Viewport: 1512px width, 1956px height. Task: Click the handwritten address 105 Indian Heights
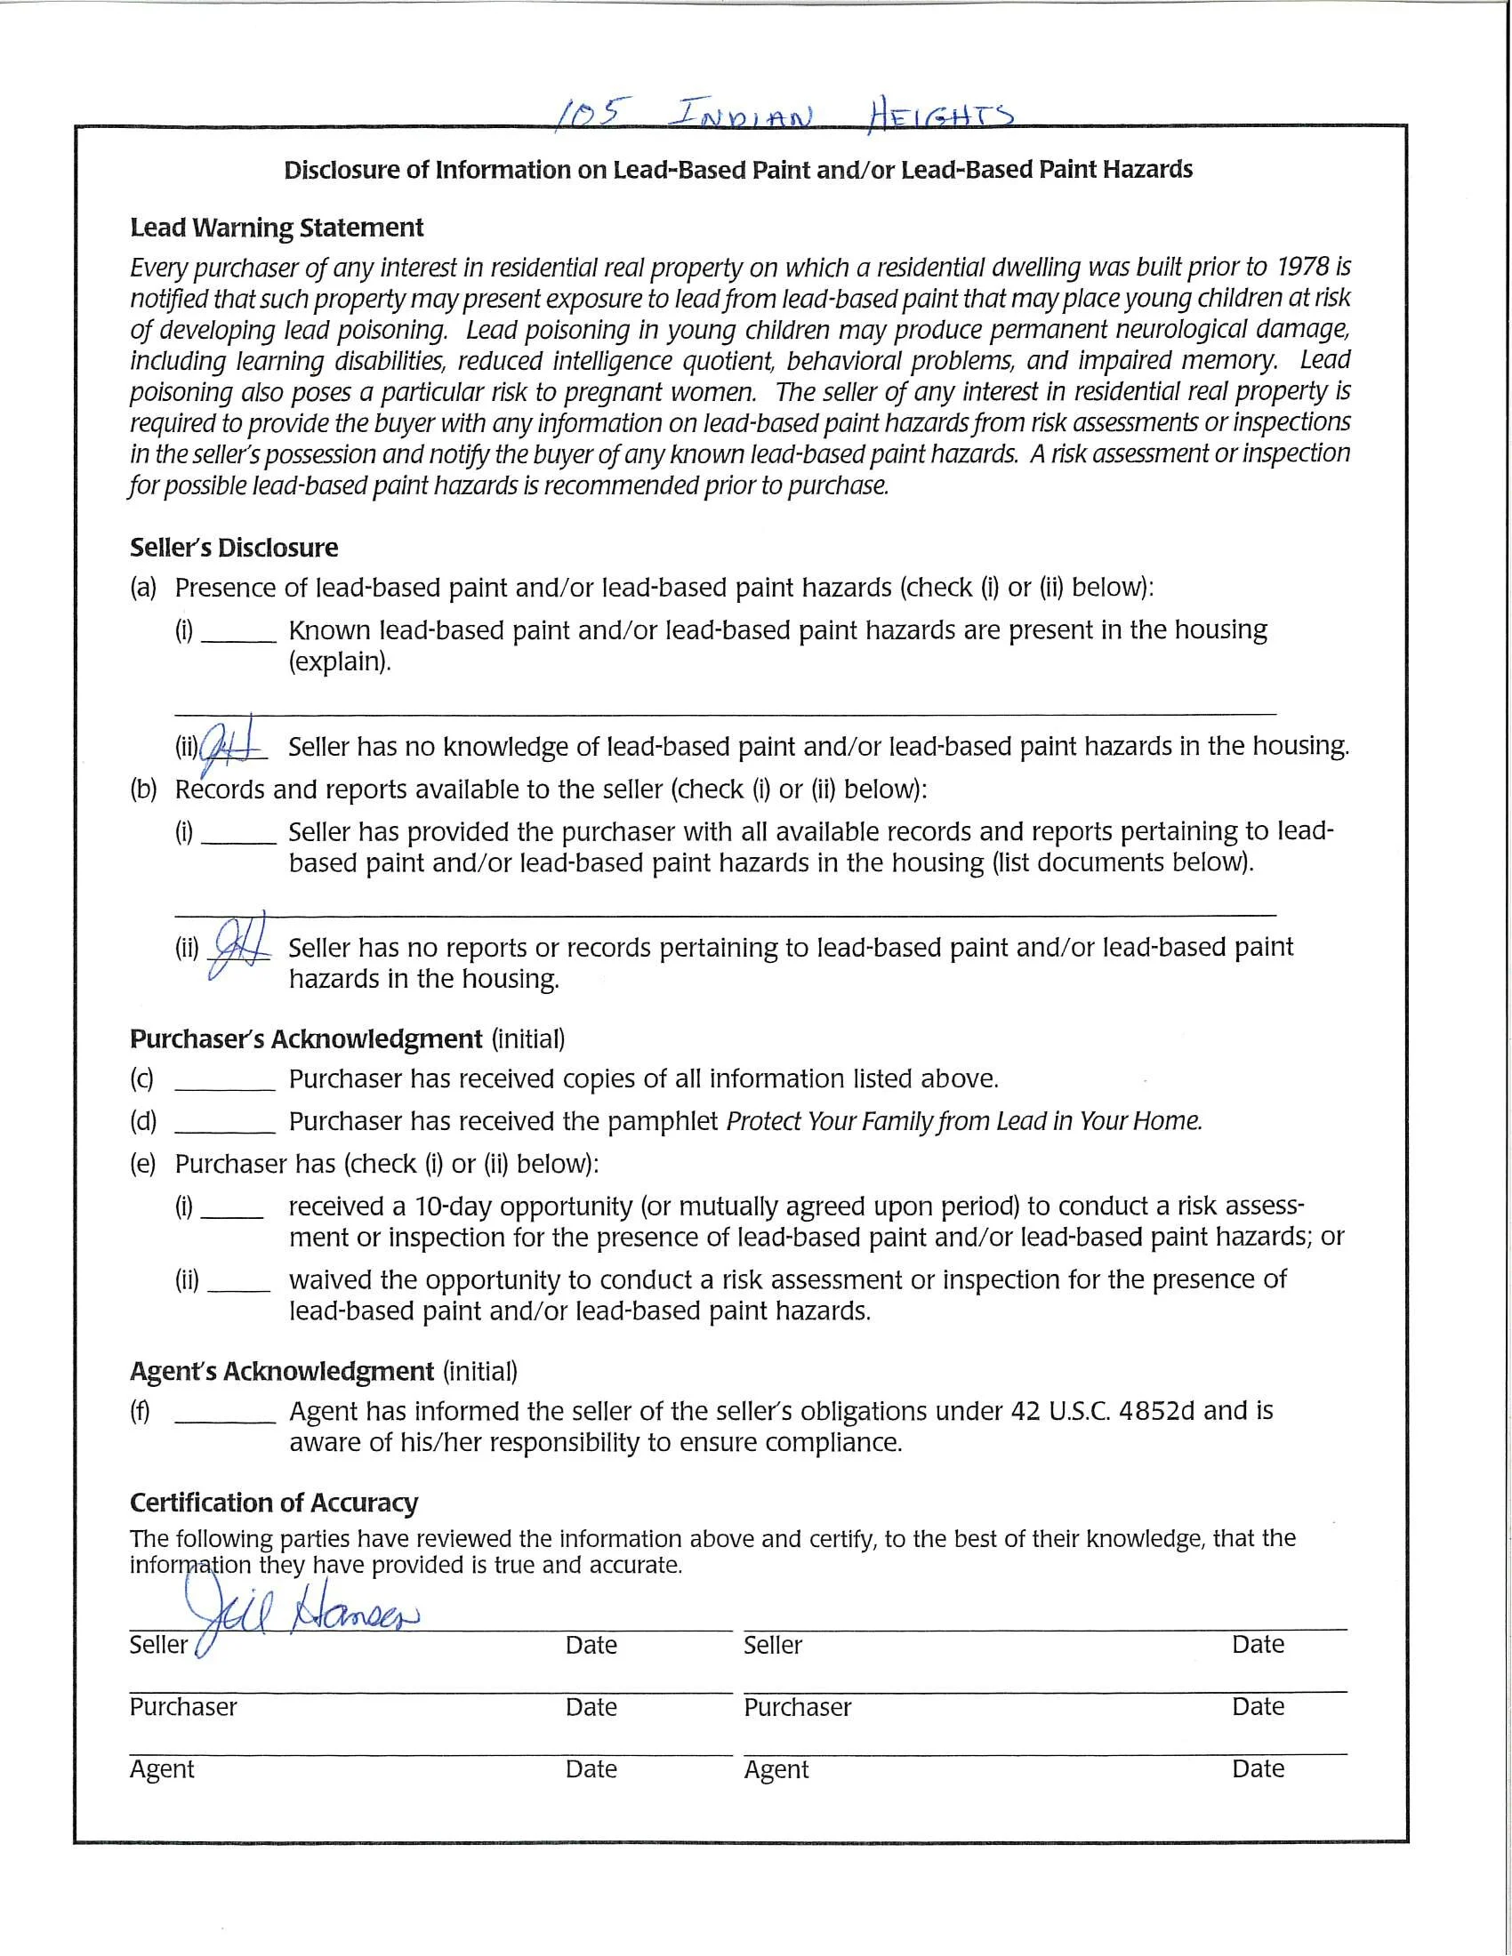coord(784,115)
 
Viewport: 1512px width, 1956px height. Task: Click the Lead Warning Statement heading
coord(277,228)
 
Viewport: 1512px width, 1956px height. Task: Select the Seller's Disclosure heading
coord(234,547)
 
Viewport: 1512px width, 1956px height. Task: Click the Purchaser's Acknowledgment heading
coord(305,1038)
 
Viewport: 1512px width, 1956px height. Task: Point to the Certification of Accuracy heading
coord(273,1502)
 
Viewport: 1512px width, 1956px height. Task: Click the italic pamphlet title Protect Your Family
coord(830,1121)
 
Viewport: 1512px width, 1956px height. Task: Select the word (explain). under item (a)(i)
coord(340,661)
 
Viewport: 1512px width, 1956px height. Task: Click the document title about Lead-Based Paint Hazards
coord(738,170)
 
